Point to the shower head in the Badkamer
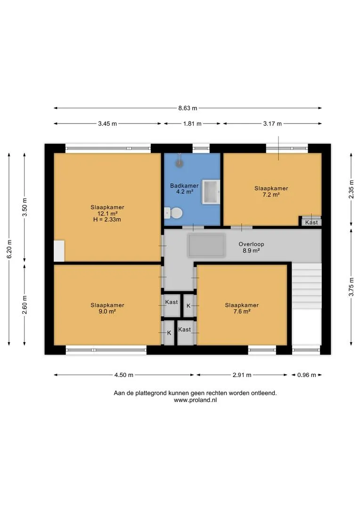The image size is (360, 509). pos(179,163)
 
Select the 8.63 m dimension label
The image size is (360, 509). pos(188,108)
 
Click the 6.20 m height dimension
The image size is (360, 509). pos(9,249)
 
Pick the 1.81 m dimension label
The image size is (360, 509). pos(192,123)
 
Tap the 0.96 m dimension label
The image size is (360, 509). pos(307,375)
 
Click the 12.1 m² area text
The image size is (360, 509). pos(107,213)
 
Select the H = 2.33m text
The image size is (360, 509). pos(107,220)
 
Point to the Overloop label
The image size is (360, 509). pos(251,244)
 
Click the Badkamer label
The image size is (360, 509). pos(184,186)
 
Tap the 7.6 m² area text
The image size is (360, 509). pos(242,312)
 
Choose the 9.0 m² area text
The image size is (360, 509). pos(107,312)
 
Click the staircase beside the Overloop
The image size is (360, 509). pos(306,286)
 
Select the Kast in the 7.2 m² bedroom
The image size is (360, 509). pos(311,222)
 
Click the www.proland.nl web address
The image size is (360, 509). pos(195,400)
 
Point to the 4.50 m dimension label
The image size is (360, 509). pos(123,375)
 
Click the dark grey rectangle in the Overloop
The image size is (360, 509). pos(206,246)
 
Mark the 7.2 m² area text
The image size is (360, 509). pos(271,195)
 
